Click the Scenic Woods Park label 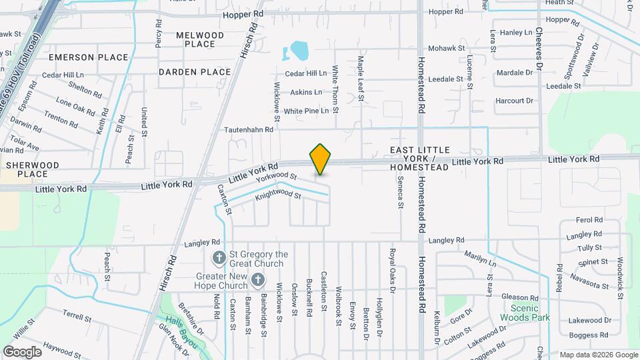click(530, 313)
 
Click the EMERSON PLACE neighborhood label click(88, 57)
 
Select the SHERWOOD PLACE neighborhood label click(33, 169)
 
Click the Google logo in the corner click(22, 351)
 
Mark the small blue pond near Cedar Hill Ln click(297, 50)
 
